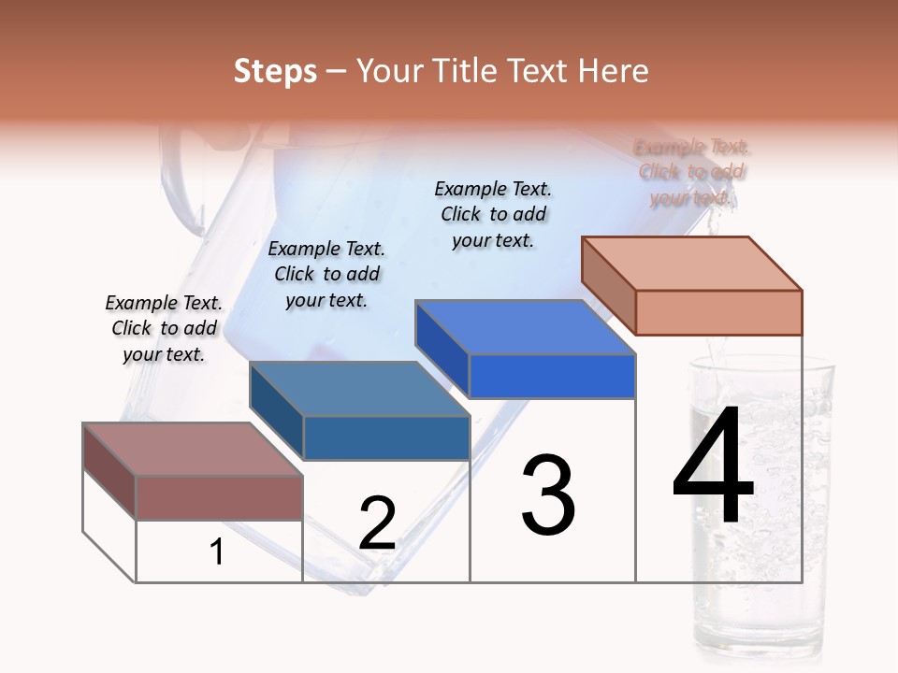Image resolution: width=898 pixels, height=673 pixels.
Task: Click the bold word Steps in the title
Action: [275, 71]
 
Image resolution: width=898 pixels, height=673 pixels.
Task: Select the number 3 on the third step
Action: [548, 495]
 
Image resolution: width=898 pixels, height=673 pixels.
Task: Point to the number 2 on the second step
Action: [378, 523]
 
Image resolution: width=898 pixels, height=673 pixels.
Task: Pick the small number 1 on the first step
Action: [217, 552]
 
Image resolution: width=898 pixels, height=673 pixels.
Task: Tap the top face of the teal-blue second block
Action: [359, 389]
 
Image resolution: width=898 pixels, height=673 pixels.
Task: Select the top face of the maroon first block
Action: [193, 450]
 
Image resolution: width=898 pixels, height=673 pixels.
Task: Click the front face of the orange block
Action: [718, 312]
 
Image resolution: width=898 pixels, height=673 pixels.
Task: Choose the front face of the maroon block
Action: [219, 497]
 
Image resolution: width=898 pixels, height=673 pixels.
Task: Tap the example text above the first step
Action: [164, 328]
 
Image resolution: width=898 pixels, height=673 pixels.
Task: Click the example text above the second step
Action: [326, 274]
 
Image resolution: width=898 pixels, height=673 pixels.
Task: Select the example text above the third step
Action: [493, 214]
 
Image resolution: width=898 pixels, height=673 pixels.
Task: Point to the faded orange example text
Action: [692, 172]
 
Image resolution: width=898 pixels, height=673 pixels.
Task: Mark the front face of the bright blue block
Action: [552, 376]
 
